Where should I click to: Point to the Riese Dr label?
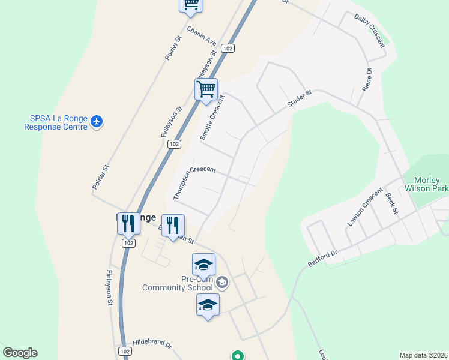coord(367,80)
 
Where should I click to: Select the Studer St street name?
coord(300,99)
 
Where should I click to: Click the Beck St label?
coord(391,202)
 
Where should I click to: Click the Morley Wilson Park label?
coord(427,184)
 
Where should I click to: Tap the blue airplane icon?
coord(97,122)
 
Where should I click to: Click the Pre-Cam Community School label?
coord(177,283)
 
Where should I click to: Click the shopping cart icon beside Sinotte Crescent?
coord(206,89)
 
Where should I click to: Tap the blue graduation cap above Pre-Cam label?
coord(203,265)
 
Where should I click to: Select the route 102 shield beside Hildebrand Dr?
coord(124,351)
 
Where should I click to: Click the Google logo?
coord(20,353)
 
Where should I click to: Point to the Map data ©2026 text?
coord(423,355)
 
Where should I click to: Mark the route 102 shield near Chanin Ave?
coord(226,48)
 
